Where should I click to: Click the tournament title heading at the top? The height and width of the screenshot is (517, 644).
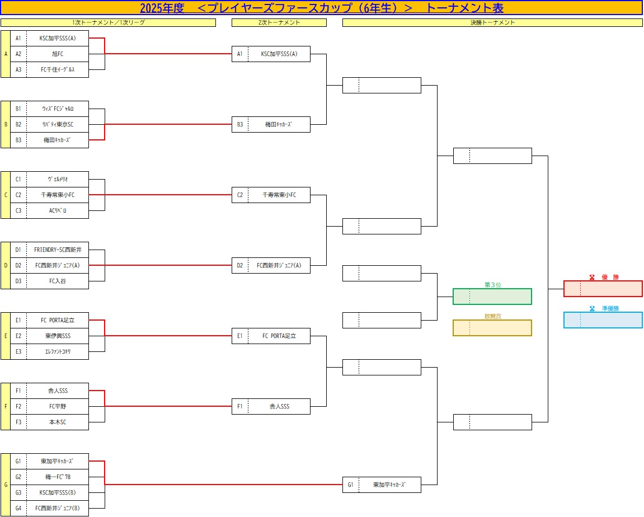(322, 8)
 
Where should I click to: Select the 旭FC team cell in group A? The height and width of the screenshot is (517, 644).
(58, 54)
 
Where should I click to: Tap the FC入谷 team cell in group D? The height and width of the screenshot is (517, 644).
(58, 281)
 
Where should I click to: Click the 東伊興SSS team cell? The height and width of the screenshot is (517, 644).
(58, 336)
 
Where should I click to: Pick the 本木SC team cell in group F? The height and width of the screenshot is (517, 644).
(58, 422)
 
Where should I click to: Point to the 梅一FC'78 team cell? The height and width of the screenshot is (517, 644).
(58, 477)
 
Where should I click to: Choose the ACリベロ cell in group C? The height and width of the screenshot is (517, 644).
(58, 210)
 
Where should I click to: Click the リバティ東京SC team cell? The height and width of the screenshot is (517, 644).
(58, 124)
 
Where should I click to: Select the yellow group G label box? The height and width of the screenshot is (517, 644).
(6, 485)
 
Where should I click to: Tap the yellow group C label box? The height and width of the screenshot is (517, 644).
(6, 195)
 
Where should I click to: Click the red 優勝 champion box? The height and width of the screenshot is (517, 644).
(603, 289)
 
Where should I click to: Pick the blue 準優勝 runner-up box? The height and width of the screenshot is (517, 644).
(603, 320)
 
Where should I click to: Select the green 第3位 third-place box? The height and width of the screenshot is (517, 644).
(492, 297)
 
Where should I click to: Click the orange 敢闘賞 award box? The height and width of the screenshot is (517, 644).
(492, 328)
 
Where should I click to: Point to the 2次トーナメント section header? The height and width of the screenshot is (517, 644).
(279, 22)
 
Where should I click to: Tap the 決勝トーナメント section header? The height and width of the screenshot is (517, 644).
(492, 22)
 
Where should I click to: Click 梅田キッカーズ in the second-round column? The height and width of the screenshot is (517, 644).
(279, 124)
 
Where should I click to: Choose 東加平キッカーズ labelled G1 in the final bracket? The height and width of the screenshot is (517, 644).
(389, 485)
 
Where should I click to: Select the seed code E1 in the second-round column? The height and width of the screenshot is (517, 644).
(240, 336)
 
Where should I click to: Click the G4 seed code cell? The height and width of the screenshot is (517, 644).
(18, 508)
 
